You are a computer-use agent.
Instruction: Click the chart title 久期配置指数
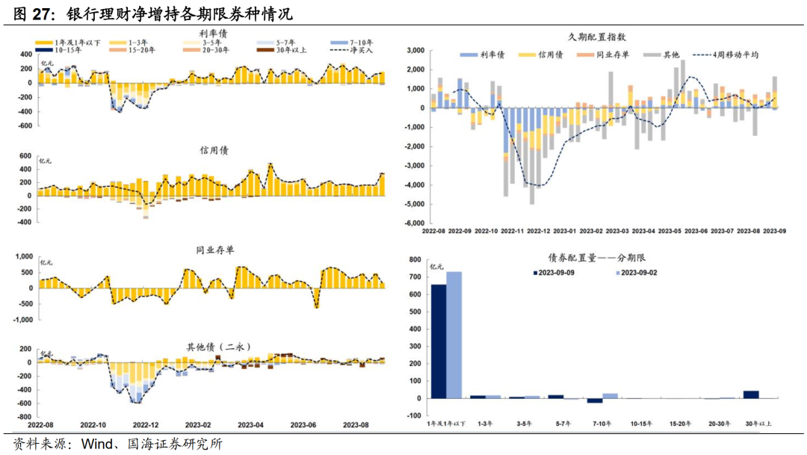pyautogui.click(x=595, y=36)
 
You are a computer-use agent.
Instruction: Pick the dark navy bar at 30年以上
pyautogui.click(x=751, y=394)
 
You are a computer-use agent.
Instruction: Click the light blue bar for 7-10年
pyautogui.click(x=610, y=395)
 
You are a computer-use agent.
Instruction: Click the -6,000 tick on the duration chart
pyautogui.click(x=414, y=223)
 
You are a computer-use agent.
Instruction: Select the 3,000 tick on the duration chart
pyautogui.click(x=415, y=50)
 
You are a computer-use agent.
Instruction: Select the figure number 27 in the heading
pyautogui.click(x=44, y=13)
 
